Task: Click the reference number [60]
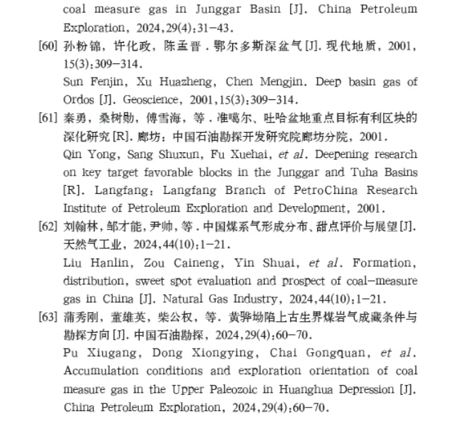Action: click(49, 46)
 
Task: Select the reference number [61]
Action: click(49, 117)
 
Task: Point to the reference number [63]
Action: click(49, 317)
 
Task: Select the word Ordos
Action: click(78, 99)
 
